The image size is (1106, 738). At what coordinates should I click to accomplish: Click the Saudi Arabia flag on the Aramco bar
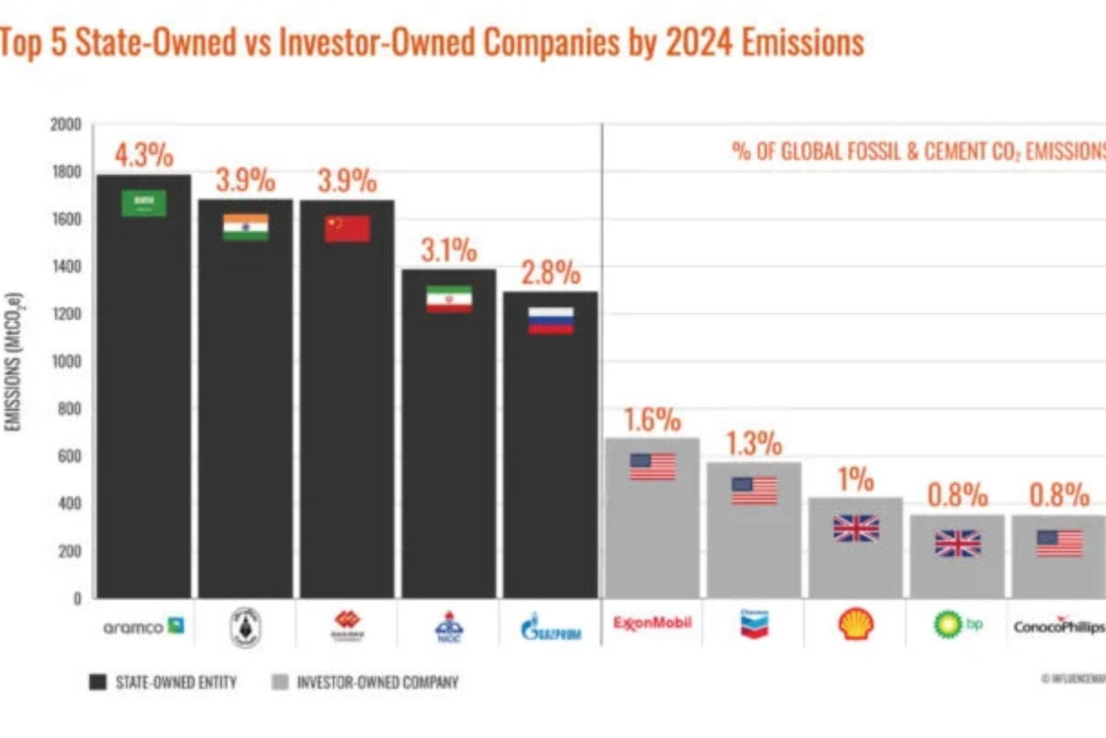pyautogui.click(x=144, y=204)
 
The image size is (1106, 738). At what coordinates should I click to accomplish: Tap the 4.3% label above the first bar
pyautogui.click(x=144, y=155)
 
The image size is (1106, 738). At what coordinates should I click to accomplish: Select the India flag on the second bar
pyautogui.click(x=246, y=227)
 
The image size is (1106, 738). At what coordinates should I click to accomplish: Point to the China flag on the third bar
pyautogui.click(x=347, y=229)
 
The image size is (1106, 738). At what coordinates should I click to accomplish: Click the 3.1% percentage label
pyautogui.click(x=448, y=251)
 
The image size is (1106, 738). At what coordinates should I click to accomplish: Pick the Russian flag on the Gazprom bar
pyautogui.click(x=551, y=321)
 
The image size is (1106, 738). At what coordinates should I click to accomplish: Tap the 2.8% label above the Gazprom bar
pyautogui.click(x=551, y=273)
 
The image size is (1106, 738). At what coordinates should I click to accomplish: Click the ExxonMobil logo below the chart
pyautogui.click(x=653, y=624)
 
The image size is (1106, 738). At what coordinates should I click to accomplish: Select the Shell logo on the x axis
pyautogui.click(x=856, y=625)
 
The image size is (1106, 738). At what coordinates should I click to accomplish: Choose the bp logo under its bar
pyautogui.click(x=957, y=625)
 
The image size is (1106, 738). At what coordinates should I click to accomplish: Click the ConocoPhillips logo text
pyautogui.click(x=1059, y=627)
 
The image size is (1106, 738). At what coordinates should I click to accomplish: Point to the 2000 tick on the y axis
pyautogui.click(x=66, y=124)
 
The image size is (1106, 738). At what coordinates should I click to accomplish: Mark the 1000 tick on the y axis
pyautogui.click(x=66, y=361)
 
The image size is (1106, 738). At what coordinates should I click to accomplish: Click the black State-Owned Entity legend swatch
pyautogui.click(x=97, y=682)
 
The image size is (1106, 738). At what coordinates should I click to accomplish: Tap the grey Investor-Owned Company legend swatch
pyautogui.click(x=280, y=682)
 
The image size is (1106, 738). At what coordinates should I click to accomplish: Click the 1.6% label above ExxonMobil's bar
pyautogui.click(x=653, y=420)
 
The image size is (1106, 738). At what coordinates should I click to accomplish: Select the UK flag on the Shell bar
pyautogui.click(x=856, y=528)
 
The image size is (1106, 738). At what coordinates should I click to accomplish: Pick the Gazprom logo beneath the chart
pyautogui.click(x=551, y=629)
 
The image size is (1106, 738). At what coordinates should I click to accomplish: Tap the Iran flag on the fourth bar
pyautogui.click(x=449, y=299)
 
